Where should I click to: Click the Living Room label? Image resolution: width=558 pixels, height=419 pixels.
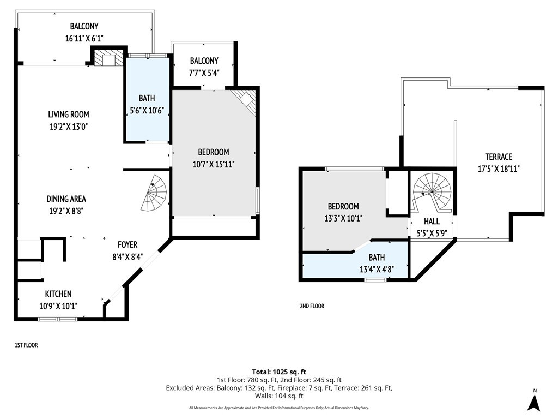tap(69, 115)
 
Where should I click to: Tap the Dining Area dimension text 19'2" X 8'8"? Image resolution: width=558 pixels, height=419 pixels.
tap(66, 211)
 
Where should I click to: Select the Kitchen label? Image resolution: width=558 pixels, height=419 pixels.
tap(58, 294)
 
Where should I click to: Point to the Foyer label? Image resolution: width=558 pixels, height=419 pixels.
tap(128, 245)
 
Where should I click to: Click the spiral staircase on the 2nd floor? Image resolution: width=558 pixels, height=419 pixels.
tap(432, 193)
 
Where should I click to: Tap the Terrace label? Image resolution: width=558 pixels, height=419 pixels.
tap(499, 157)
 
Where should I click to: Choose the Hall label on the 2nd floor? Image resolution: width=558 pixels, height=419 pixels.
tap(432, 222)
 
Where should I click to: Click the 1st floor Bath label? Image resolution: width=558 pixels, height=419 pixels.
tap(147, 98)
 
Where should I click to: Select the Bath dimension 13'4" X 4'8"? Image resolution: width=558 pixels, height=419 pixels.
tap(377, 269)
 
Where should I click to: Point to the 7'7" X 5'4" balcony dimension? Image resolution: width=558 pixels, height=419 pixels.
tap(204, 73)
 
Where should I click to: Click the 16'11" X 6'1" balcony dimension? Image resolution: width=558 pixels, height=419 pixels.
tap(84, 38)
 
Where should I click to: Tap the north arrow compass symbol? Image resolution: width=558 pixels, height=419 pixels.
tap(534, 401)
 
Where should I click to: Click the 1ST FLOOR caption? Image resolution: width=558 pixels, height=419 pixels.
tap(26, 345)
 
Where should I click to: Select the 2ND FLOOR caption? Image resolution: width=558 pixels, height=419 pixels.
tap(312, 306)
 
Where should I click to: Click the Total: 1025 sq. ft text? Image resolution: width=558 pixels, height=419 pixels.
tap(279, 372)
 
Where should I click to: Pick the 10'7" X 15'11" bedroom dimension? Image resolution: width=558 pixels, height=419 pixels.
tap(214, 164)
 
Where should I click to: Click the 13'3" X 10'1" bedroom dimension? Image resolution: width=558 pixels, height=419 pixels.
tap(343, 218)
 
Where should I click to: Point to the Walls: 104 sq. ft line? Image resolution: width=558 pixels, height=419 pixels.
tap(279, 396)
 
